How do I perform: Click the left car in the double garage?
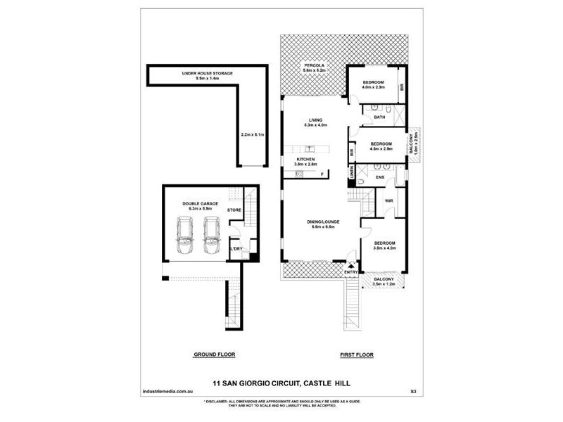185,236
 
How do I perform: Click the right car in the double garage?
210,236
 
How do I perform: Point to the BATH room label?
379,117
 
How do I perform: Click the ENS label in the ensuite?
379,177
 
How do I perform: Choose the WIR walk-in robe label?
388,201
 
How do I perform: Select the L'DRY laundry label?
236,249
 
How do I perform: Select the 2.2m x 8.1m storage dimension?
251,134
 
